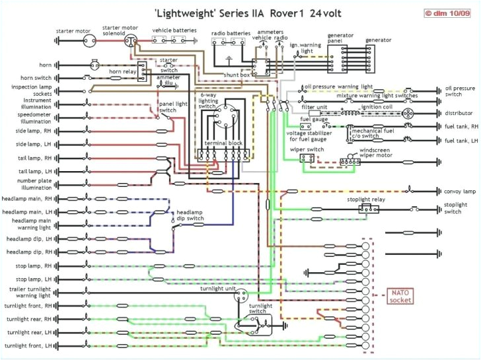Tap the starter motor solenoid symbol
[x=130, y=41]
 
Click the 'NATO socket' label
[x=401, y=297]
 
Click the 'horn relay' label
[x=123, y=71]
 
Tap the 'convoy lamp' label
[x=460, y=191]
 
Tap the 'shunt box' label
[x=236, y=75]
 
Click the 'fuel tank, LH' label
[x=461, y=141]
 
